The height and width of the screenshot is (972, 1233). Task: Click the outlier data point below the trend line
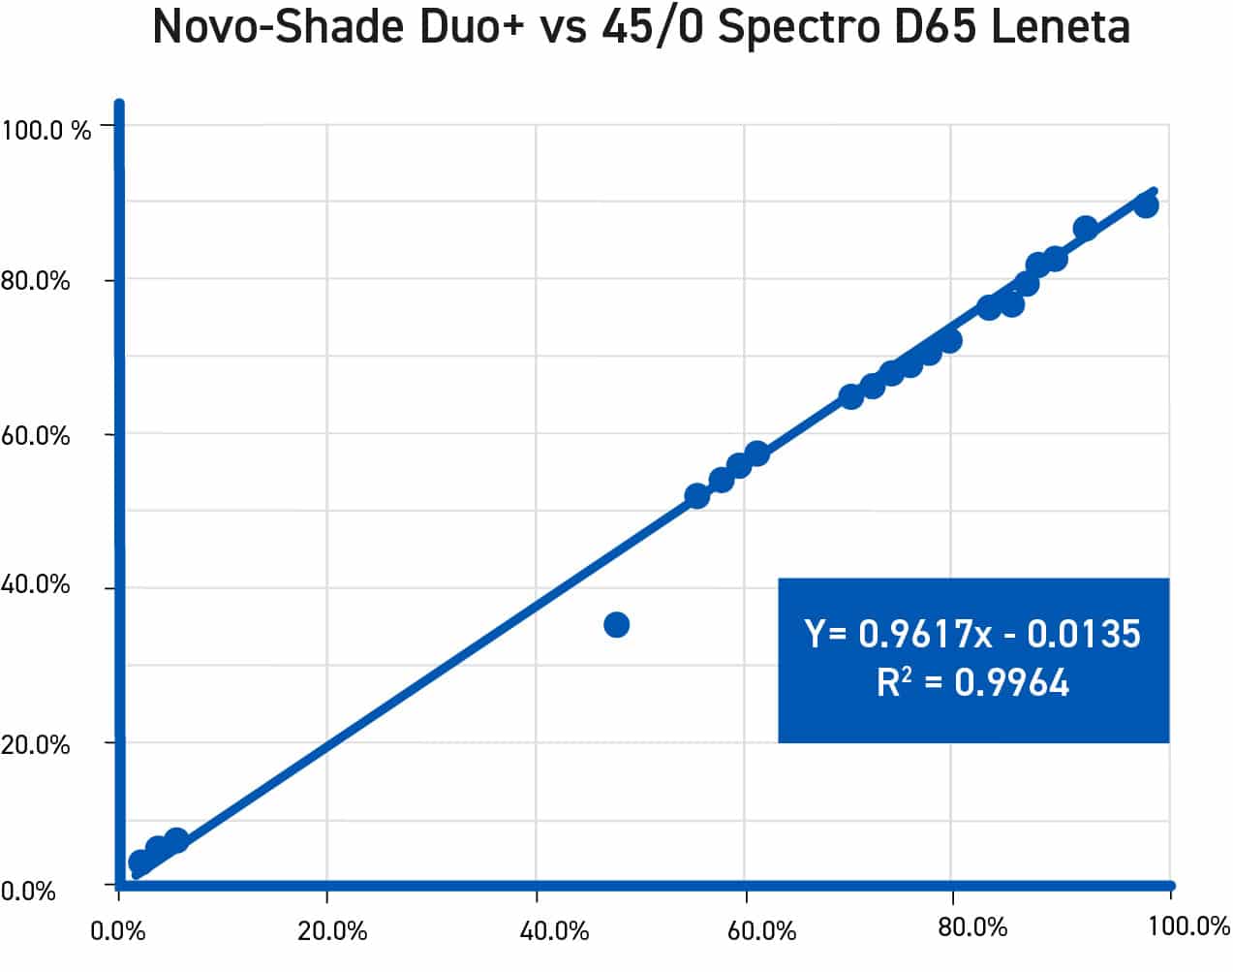616,625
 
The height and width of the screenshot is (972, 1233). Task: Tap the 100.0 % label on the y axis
46,130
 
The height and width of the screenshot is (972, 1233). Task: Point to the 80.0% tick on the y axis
36,281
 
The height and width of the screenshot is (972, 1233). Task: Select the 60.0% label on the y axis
36,436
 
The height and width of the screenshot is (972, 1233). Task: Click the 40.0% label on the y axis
36,585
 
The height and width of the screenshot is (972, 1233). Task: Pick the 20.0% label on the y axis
36,745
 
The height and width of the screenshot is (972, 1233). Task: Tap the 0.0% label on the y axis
29,891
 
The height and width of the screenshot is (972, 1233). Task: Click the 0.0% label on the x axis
117,931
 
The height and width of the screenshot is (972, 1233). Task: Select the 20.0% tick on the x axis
332,931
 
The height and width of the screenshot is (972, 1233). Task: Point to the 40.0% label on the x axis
555,931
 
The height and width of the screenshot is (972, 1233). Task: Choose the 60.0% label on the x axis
762,931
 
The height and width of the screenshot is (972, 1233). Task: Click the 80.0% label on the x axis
973,927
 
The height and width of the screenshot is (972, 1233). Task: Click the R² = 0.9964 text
972,683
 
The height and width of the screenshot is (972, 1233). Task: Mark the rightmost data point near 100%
1146,205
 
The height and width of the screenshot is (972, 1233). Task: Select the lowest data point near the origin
140,862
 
